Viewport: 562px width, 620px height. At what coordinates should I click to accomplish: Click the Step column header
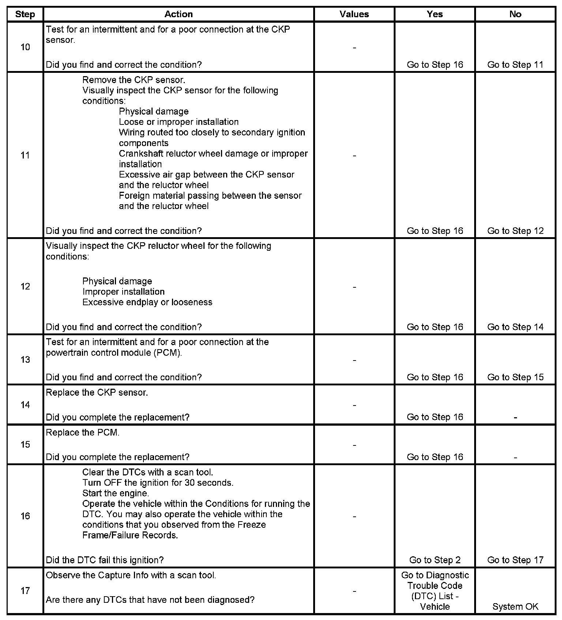point(25,14)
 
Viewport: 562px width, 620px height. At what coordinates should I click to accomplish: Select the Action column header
point(179,14)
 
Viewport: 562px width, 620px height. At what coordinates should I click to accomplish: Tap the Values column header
point(354,14)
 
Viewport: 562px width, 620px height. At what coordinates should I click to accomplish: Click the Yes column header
point(435,14)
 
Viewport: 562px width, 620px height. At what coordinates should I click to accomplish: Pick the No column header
point(515,14)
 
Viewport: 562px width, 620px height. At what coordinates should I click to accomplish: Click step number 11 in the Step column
point(25,155)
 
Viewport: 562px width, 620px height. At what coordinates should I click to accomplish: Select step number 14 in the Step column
point(25,405)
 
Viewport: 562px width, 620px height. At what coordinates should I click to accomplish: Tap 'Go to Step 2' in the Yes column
point(435,560)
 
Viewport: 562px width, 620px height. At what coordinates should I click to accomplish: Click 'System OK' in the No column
point(515,606)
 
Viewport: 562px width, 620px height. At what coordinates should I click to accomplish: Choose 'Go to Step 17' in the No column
point(515,560)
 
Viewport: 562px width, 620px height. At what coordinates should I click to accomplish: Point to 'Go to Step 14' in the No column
point(515,327)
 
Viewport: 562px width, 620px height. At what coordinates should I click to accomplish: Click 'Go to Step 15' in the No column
point(515,377)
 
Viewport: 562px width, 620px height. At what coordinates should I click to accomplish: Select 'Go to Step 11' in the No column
point(515,64)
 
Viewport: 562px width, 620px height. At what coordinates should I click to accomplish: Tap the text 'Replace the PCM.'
point(83,432)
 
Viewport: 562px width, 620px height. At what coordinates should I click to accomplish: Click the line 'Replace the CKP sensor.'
point(97,392)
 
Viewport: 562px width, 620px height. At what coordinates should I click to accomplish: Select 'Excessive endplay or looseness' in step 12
point(147,302)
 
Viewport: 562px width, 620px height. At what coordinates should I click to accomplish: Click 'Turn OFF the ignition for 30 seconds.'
point(158,482)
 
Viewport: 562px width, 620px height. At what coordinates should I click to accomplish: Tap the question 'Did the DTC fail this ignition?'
point(105,560)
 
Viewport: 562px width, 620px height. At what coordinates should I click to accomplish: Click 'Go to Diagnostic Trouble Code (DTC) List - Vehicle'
point(435,591)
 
